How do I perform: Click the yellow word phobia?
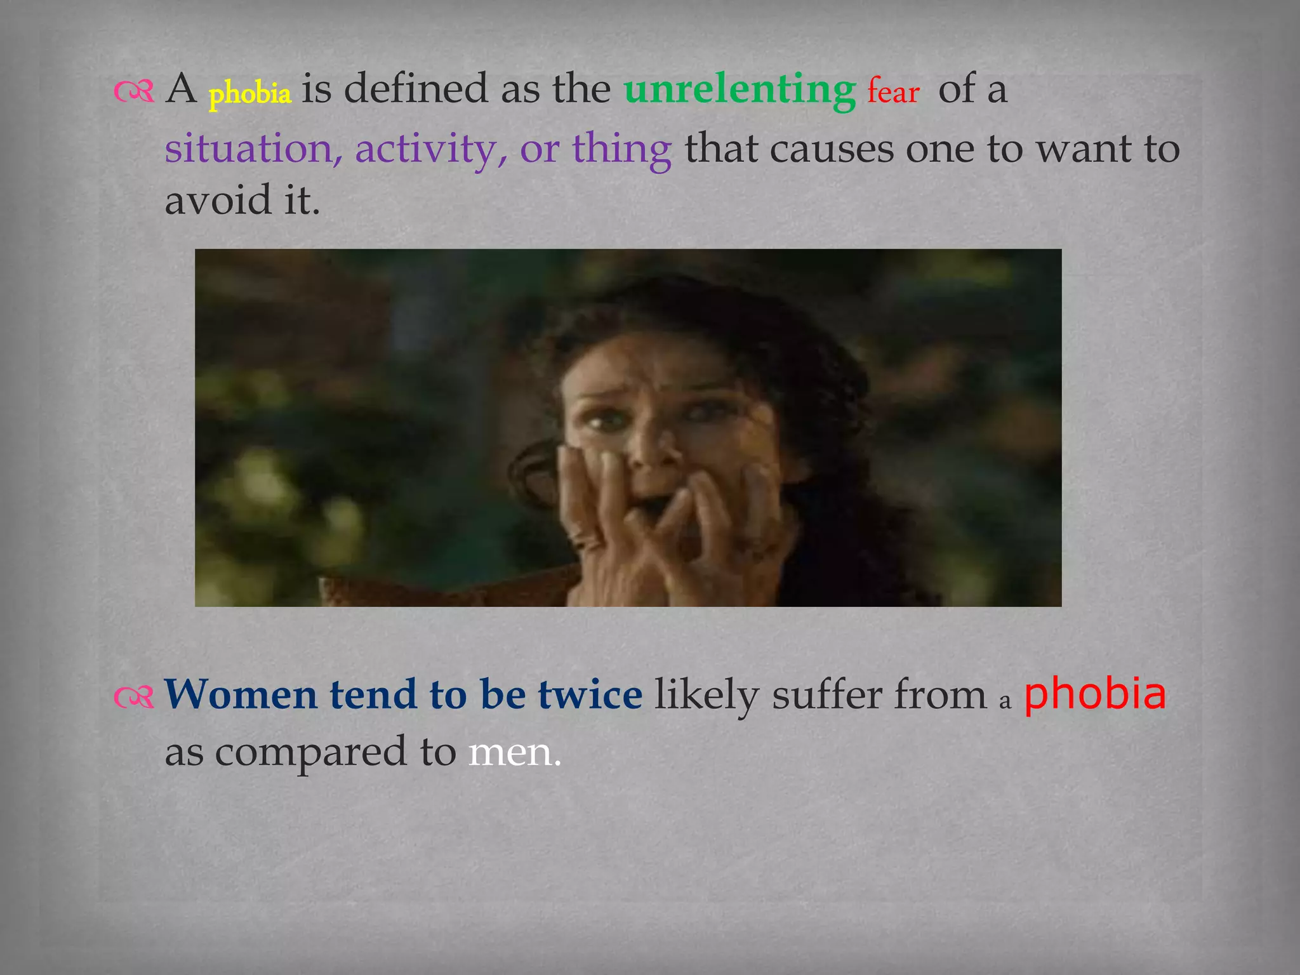(249, 93)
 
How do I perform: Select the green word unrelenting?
(740, 89)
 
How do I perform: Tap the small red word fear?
(893, 91)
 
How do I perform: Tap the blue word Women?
(241, 694)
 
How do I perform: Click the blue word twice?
(590, 694)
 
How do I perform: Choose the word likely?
(706, 694)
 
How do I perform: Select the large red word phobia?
(1095, 694)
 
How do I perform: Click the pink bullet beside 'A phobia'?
(134, 93)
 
